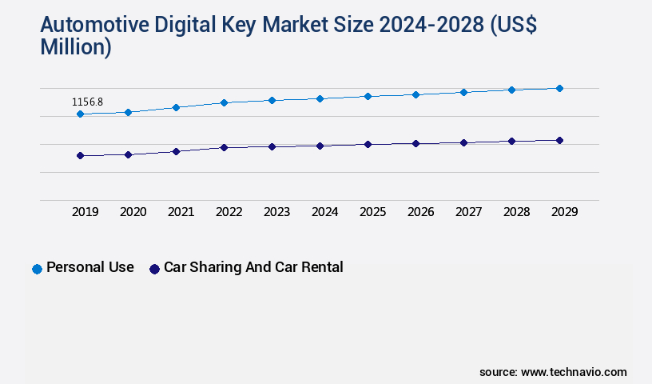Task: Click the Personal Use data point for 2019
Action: point(80,114)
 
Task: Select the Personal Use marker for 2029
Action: point(559,88)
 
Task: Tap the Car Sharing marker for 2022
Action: point(224,147)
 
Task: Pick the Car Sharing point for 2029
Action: point(559,140)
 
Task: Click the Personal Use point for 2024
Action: point(320,98)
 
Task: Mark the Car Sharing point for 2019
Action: point(80,155)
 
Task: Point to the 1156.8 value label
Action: point(88,102)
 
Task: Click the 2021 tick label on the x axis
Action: point(181,212)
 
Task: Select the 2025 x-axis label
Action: point(372,212)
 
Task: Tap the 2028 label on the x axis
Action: point(516,212)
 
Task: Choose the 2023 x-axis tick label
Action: point(276,212)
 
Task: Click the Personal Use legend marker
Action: point(37,269)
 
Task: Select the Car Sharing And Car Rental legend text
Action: point(253,267)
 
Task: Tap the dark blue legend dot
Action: point(155,269)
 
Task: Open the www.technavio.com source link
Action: point(574,372)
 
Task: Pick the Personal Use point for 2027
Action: point(463,92)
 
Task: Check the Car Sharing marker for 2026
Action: point(415,143)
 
